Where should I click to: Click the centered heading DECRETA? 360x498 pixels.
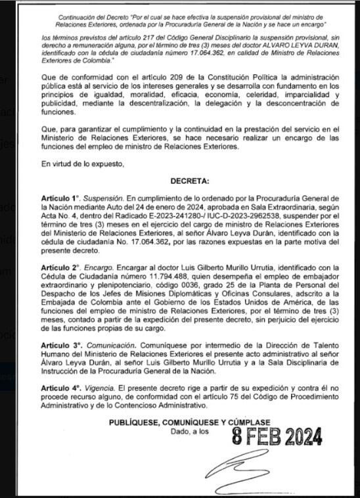click(x=190, y=179)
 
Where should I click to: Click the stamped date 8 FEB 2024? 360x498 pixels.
click(x=277, y=436)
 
